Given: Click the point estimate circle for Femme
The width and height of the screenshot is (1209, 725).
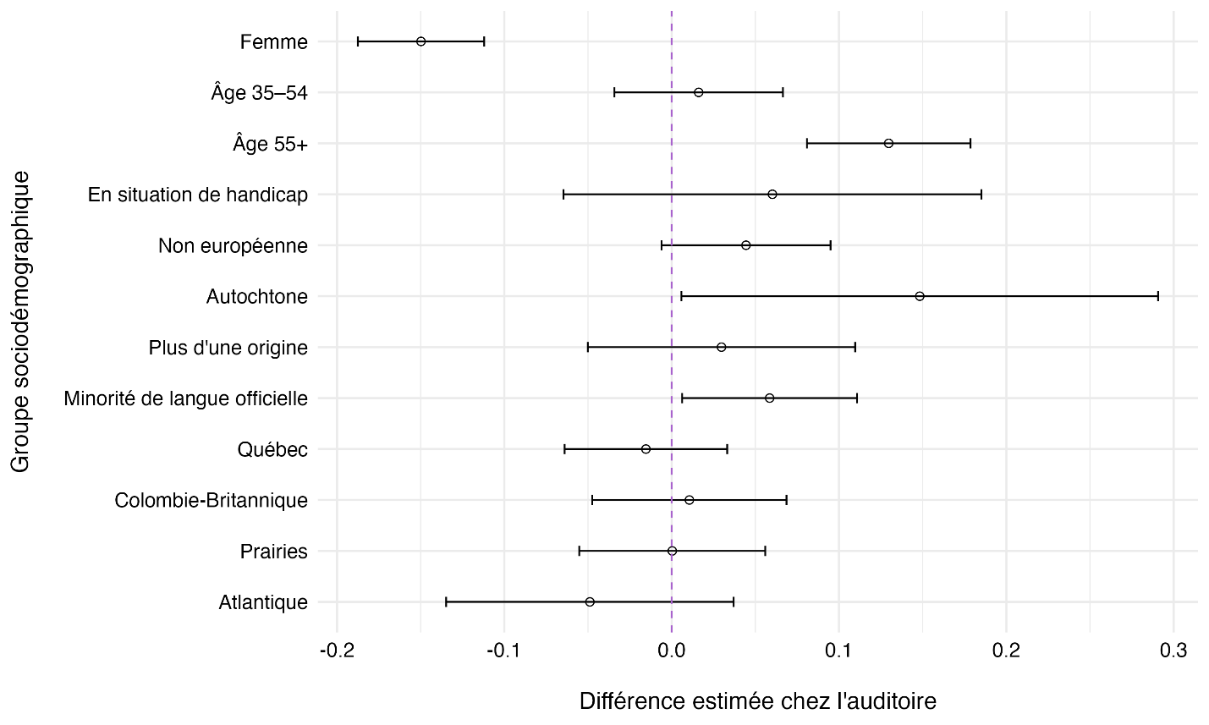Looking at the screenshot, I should (x=420, y=41).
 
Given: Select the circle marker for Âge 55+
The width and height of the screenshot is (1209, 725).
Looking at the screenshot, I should (x=888, y=143).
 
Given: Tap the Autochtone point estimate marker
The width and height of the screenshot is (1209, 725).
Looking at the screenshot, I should (x=920, y=296).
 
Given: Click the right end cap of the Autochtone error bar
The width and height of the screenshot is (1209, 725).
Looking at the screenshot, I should (x=1157, y=296).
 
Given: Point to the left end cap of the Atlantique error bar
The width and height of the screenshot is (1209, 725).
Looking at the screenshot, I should (x=446, y=601).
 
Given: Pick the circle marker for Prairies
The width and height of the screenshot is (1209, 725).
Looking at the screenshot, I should (x=672, y=551).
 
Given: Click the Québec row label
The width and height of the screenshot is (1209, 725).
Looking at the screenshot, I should (x=272, y=449).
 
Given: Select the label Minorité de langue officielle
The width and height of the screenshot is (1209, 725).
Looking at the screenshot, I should (x=185, y=398).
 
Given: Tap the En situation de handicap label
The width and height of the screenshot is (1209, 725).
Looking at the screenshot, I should (x=197, y=195).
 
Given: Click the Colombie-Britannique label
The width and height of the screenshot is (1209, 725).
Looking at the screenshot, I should (x=211, y=500).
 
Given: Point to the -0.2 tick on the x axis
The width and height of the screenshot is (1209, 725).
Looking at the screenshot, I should (x=337, y=651).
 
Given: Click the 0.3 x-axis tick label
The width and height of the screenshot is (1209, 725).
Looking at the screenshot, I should (x=1173, y=651).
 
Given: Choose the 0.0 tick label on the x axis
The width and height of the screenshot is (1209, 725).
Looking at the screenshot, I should (x=672, y=651).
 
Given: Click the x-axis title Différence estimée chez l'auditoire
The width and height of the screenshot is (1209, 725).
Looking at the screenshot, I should (x=757, y=701).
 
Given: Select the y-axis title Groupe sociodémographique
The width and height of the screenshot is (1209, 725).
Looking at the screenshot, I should (x=20, y=321).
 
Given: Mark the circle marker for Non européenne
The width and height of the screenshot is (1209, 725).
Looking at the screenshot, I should (x=745, y=245).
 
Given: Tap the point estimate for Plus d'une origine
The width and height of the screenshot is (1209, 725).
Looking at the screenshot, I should (x=721, y=347).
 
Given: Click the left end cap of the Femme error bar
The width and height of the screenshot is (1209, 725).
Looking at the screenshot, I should (x=358, y=41).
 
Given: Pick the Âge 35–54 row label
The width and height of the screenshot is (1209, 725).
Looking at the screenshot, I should (x=259, y=92).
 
